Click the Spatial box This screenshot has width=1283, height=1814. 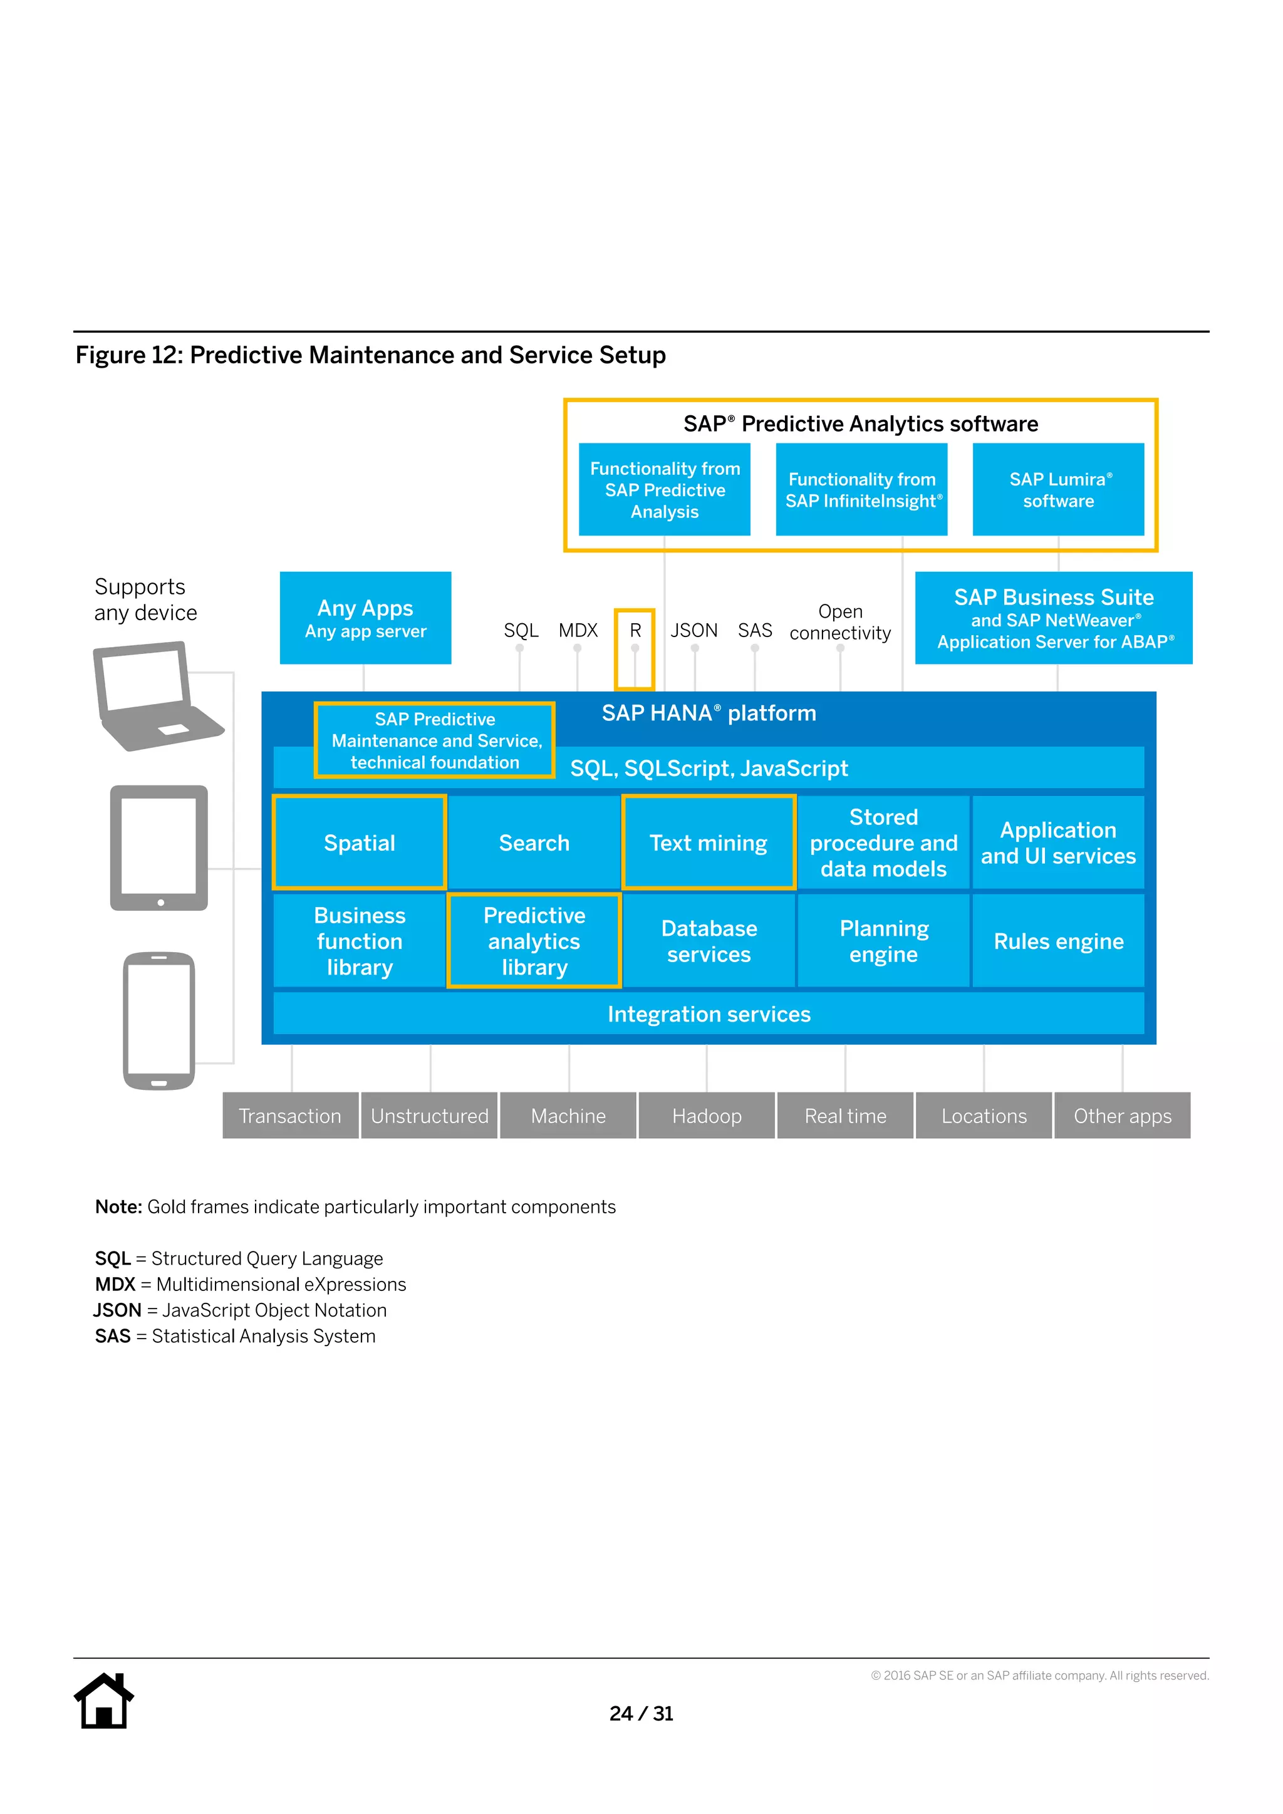360,842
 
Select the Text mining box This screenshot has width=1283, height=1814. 709,842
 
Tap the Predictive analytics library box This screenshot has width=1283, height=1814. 534,940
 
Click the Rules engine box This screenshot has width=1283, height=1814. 1058,940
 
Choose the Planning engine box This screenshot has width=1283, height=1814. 883,940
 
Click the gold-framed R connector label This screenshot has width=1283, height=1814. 635,631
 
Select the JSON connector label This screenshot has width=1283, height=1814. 693,631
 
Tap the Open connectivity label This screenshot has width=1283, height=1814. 840,622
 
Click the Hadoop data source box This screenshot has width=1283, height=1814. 706,1116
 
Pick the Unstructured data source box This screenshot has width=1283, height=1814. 430,1116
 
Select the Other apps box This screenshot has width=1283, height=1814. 1122,1116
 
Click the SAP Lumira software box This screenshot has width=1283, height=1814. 1058,490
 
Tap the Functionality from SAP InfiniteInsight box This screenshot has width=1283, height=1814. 861,490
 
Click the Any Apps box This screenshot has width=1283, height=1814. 365,618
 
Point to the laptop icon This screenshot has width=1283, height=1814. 154,695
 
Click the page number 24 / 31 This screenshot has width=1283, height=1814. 641,1713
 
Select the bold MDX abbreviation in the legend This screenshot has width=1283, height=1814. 115,1284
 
